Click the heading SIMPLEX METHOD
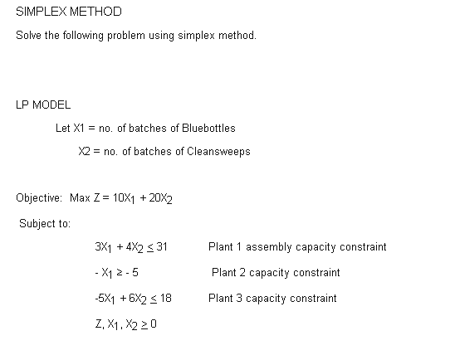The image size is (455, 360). pos(68,12)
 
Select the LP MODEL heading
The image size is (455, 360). pos(43,105)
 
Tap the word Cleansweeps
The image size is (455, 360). pos(220,152)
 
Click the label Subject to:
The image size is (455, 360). pos(45,223)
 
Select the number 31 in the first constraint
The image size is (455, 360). pos(162,247)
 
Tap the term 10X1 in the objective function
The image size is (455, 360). pos(124,199)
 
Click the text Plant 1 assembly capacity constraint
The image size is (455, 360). pos(297,247)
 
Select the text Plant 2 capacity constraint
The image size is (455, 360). pos(276,273)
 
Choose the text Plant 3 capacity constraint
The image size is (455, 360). pos(272,299)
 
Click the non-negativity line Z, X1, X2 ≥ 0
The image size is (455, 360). pos(126,324)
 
